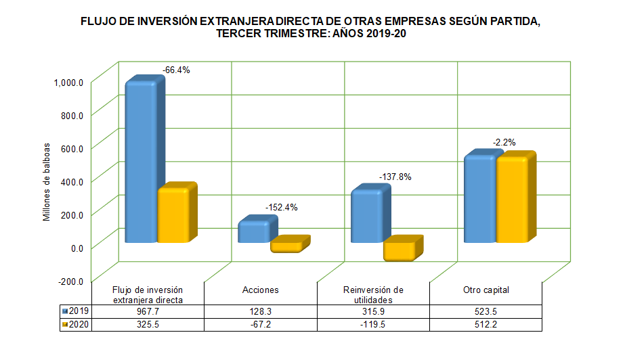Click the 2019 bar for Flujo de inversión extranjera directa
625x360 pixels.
click(142, 162)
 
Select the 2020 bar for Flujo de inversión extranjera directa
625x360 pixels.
click(173, 215)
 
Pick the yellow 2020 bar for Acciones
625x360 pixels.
click(286, 247)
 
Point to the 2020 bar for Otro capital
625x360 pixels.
click(512, 200)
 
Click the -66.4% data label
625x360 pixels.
click(176, 70)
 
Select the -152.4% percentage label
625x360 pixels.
click(280, 207)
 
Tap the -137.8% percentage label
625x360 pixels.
click(393, 177)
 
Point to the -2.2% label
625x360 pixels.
click(504, 142)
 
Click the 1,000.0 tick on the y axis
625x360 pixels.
click(69, 83)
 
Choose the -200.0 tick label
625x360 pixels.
click(70, 281)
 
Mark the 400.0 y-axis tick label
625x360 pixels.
click(72, 181)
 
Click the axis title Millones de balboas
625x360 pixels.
click(47, 181)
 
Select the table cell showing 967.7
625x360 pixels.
click(148, 311)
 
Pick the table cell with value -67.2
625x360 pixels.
click(261, 324)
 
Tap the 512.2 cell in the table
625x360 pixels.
click(486, 324)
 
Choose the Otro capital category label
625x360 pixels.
click(486, 290)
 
